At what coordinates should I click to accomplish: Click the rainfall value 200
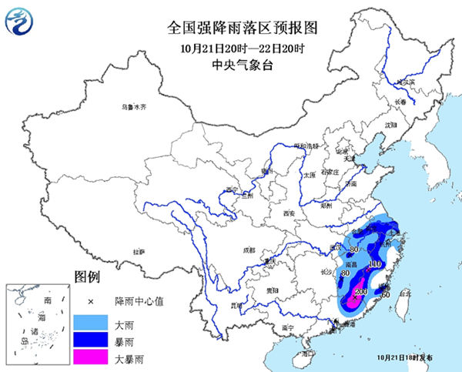coord(360,293)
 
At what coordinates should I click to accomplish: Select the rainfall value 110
coord(375,265)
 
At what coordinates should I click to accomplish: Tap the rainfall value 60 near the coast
coord(386,293)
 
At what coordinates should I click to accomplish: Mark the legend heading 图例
coord(87,276)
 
